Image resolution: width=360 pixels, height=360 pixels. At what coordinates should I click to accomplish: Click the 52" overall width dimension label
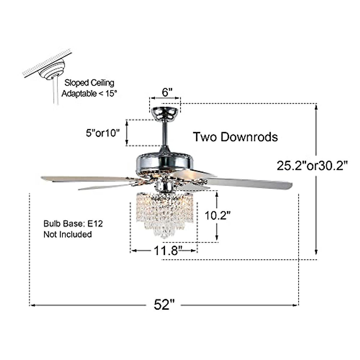coord(164,305)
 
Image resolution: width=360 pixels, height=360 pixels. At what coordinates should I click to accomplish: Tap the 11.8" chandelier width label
coord(168,250)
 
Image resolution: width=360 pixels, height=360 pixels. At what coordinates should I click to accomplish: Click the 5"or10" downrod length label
coord(103,133)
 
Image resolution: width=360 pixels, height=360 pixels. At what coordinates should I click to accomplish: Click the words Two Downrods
coord(235,137)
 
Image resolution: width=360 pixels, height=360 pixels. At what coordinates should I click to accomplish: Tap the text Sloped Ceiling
coord(89,83)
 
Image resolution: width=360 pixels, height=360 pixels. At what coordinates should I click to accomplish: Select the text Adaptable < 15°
coord(89,93)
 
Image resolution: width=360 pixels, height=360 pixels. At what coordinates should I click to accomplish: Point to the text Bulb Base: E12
coord(73,224)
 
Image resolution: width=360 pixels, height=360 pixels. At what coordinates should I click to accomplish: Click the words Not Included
coord(67,234)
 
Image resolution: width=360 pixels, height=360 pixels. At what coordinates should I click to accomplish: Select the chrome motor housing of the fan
coord(165,162)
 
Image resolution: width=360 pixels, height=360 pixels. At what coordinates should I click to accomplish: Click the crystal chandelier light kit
coord(164,213)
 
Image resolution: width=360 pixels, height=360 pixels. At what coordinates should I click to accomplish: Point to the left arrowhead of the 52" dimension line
coord(32,305)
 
